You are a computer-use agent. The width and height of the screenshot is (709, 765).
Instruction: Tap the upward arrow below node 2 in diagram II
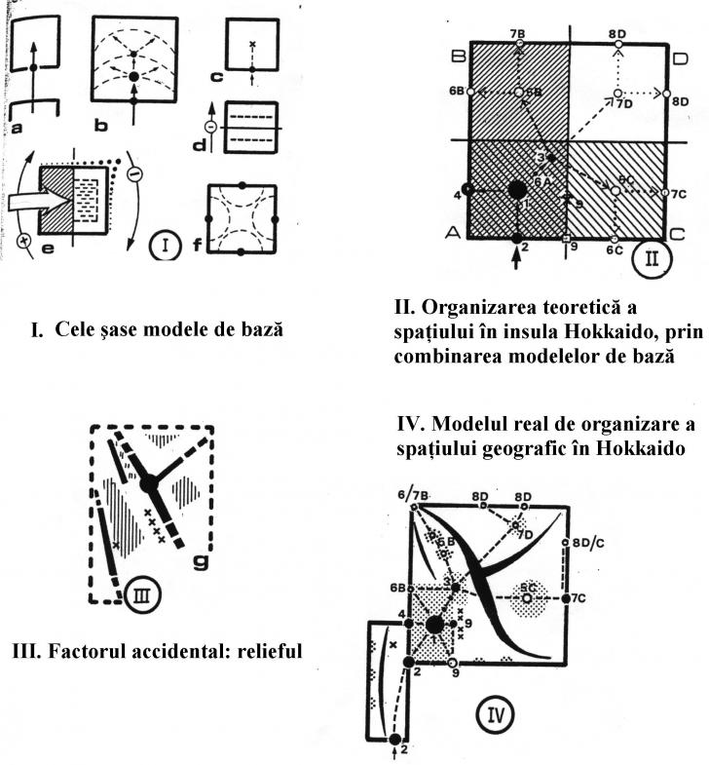point(517,259)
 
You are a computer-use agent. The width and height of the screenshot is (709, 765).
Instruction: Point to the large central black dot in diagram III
point(148,483)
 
